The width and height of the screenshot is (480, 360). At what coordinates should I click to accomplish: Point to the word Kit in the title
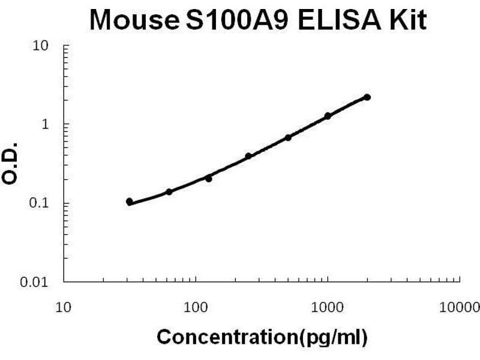tap(406, 20)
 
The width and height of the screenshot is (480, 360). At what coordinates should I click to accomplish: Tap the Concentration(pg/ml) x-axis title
tap(262, 337)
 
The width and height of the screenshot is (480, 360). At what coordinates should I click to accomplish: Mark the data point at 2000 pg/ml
tap(367, 97)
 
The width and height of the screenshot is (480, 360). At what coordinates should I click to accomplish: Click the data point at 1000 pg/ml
tap(328, 116)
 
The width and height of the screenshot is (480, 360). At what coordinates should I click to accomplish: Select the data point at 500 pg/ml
tap(288, 137)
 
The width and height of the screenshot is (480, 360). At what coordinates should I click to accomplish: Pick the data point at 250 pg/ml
tap(248, 156)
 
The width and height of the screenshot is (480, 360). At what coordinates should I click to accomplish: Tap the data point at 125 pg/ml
tap(209, 178)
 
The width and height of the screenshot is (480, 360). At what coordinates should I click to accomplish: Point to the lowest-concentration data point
tap(130, 202)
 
